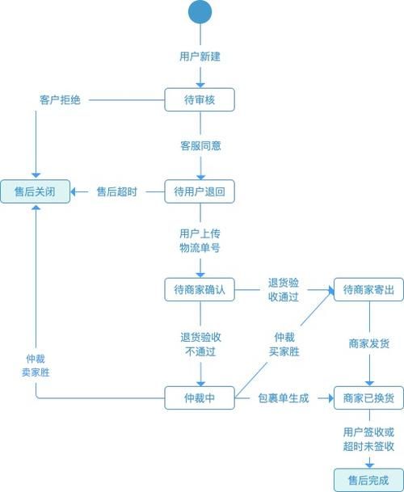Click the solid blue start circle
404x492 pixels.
pyautogui.click(x=200, y=12)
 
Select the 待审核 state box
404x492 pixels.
pyautogui.click(x=200, y=99)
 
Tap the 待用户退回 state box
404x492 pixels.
pyautogui.click(x=200, y=191)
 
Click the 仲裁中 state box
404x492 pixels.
pyautogui.click(x=200, y=397)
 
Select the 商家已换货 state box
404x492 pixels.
pyautogui.click(x=368, y=397)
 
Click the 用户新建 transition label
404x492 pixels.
pyautogui.click(x=200, y=57)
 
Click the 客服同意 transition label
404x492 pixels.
pyautogui.click(x=200, y=146)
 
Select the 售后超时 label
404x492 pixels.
pyautogui.click(x=116, y=191)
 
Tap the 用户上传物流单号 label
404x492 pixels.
pyautogui.click(x=200, y=241)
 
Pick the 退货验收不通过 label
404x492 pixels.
pyautogui.click(x=200, y=344)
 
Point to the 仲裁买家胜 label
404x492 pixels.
pyautogui.click(x=284, y=344)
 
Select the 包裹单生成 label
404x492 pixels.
pyautogui.click(x=284, y=397)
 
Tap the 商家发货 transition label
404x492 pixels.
pyautogui.click(x=368, y=344)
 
